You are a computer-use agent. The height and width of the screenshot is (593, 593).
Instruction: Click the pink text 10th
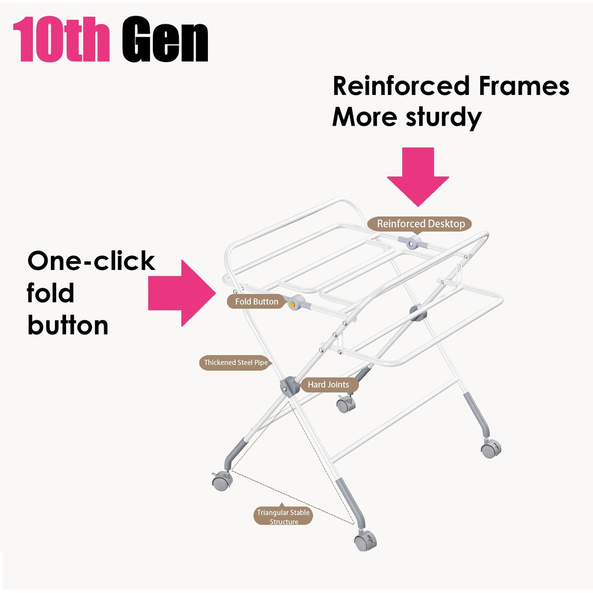tap(61, 39)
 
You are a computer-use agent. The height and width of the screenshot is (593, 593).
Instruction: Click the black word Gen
tap(165, 39)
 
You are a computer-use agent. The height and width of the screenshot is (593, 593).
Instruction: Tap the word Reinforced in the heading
tap(401, 86)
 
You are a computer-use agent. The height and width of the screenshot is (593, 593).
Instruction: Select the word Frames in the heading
tap(524, 86)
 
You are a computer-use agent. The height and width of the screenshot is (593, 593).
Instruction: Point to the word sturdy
tap(444, 118)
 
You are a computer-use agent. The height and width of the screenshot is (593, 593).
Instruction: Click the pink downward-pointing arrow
tap(418, 177)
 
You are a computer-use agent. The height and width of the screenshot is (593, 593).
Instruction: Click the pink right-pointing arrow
tap(182, 293)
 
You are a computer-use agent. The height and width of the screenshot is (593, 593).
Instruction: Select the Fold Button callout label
tap(256, 301)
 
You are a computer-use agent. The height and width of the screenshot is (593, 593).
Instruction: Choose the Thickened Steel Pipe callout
tap(236, 363)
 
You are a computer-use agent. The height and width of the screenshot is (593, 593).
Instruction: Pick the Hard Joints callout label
tap(328, 385)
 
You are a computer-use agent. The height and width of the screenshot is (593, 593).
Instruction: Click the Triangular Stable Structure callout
tap(283, 516)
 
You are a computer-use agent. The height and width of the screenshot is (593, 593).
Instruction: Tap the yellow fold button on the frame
tap(292, 304)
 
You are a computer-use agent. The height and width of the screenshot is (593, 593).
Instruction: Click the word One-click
tap(91, 261)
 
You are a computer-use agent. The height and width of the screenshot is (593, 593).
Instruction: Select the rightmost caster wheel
tap(491, 448)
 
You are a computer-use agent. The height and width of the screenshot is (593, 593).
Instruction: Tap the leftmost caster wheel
tap(222, 481)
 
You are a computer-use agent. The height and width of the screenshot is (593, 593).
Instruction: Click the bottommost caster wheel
tap(365, 540)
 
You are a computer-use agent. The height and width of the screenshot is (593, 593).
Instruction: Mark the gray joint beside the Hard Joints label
tap(290, 386)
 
